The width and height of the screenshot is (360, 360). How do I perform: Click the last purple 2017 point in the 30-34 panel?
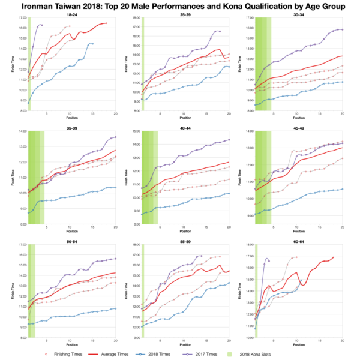click(x=342, y=29)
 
